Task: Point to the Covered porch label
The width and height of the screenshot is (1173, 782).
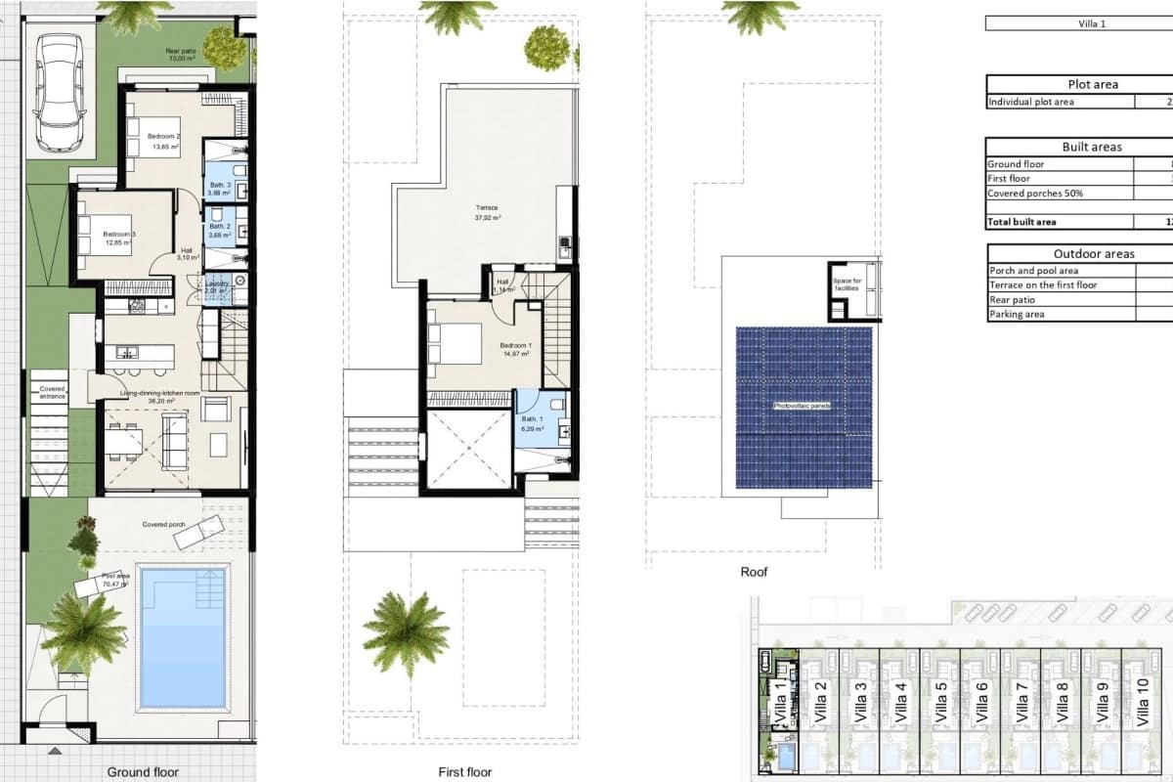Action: click(164, 525)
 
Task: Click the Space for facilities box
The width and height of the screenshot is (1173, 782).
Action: click(847, 285)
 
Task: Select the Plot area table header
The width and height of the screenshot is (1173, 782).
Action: click(1093, 84)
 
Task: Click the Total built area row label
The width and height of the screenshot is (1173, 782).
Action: click(1022, 222)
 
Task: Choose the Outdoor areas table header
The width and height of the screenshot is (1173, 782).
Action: click(1093, 254)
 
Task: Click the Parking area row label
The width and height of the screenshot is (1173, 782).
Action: click(1017, 315)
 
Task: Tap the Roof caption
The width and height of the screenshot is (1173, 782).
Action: click(754, 572)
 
